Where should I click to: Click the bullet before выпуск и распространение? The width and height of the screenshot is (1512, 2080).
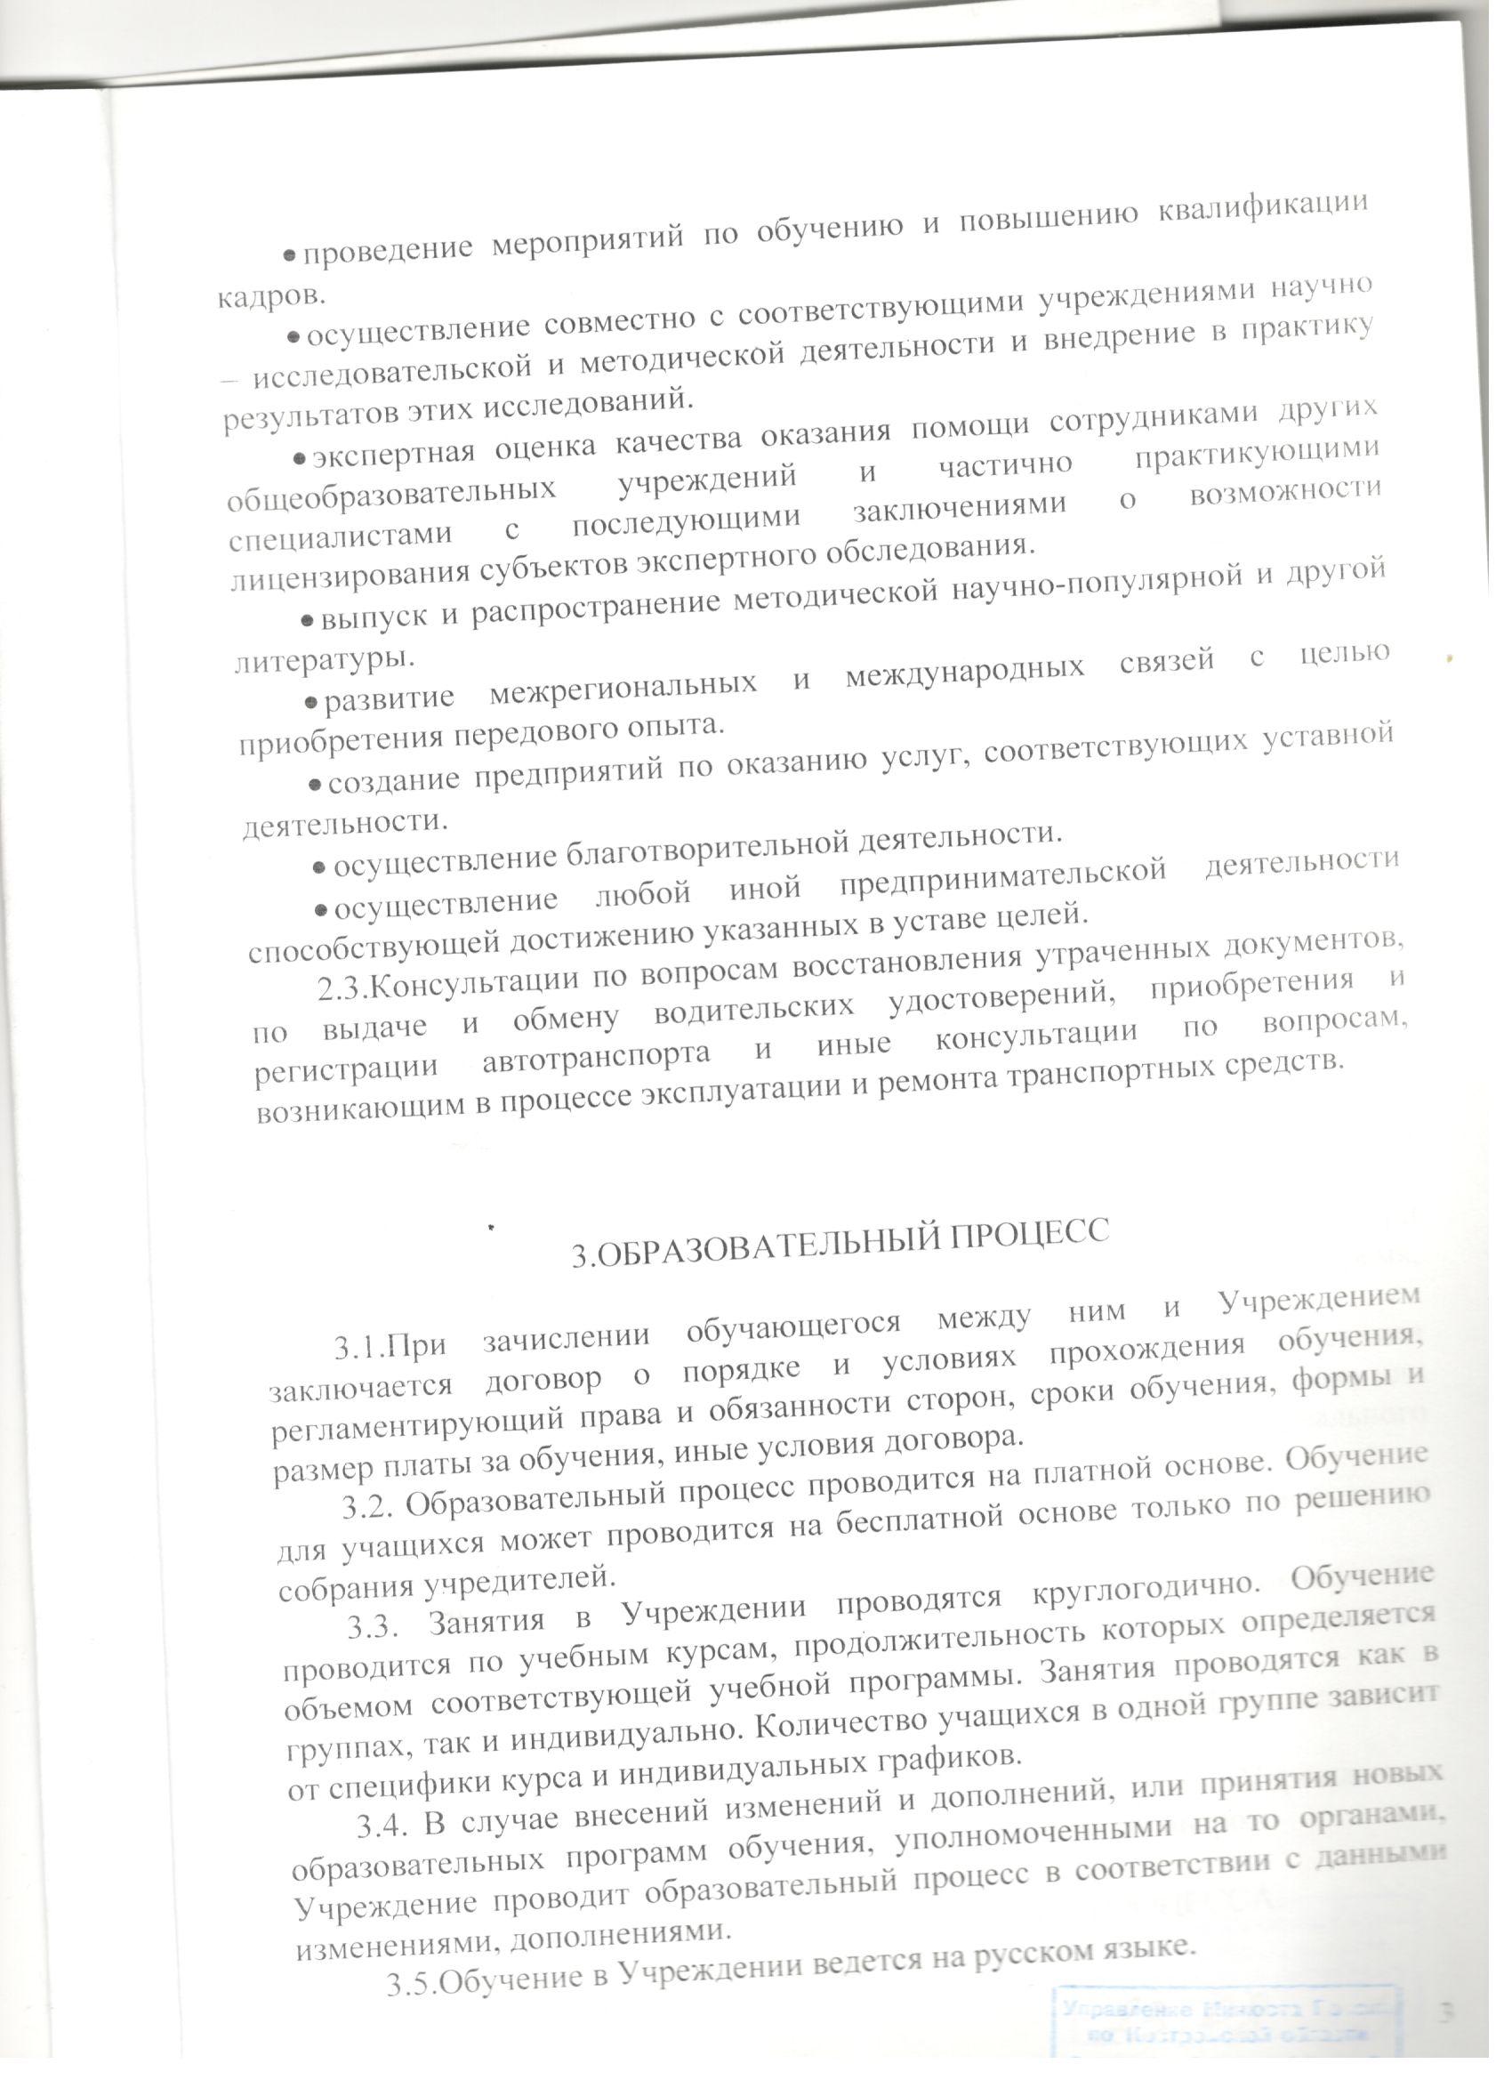308,621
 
